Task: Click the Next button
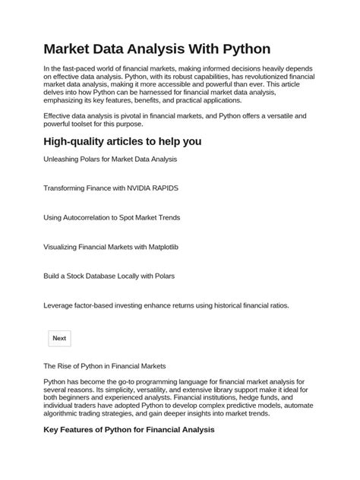point(59,338)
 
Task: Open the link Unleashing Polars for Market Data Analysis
point(110,159)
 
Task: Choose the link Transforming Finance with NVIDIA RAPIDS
point(111,188)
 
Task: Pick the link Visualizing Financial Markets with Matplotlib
point(111,247)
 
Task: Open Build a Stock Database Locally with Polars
point(109,276)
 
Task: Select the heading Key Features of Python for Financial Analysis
point(129,430)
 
